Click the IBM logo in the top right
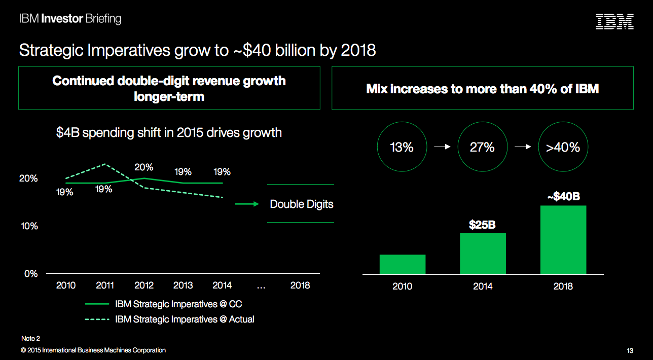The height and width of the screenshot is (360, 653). click(614, 21)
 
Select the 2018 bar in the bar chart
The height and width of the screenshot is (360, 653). click(563, 240)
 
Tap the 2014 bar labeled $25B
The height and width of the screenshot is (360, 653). click(483, 254)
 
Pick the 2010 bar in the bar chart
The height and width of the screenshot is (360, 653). click(402, 264)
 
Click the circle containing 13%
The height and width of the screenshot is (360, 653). click(402, 147)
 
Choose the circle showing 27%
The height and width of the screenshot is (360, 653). click(483, 147)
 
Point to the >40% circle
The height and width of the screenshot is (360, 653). click(563, 147)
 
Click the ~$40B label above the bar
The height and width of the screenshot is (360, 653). click(563, 196)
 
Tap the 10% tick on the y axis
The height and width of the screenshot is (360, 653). click(29, 226)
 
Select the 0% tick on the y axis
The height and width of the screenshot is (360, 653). click(31, 274)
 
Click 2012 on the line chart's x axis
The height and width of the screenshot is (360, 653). click(144, 285)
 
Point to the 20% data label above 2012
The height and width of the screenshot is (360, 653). click(144, 167)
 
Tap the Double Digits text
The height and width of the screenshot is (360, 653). click(302, 204)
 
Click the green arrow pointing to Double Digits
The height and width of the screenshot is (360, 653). click(247, 204)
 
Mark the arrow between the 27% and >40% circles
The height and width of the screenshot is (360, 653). click(523, 147)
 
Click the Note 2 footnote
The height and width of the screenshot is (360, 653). click(30, 338)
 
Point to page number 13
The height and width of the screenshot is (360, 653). click(630, 351)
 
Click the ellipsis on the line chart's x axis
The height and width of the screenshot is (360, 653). click(261, 286)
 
